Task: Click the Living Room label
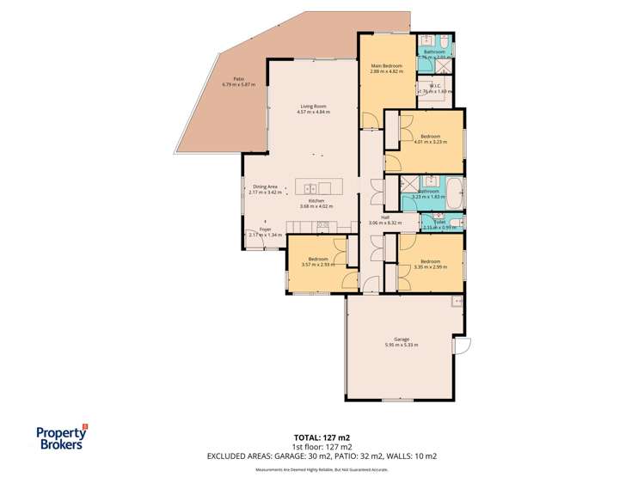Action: (313, 106)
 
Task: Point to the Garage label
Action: (401, 339)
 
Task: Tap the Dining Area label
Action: (265, 186)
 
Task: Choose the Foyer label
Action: (265, 229)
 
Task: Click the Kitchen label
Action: (315, 201)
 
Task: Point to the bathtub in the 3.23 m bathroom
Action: (452, 186)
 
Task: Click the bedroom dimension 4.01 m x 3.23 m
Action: (430, 141)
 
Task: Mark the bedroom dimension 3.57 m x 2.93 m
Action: (318, 264)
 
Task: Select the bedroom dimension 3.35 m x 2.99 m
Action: (430, 266)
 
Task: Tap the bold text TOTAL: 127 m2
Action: (322, 437)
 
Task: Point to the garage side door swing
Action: (463, 345)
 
